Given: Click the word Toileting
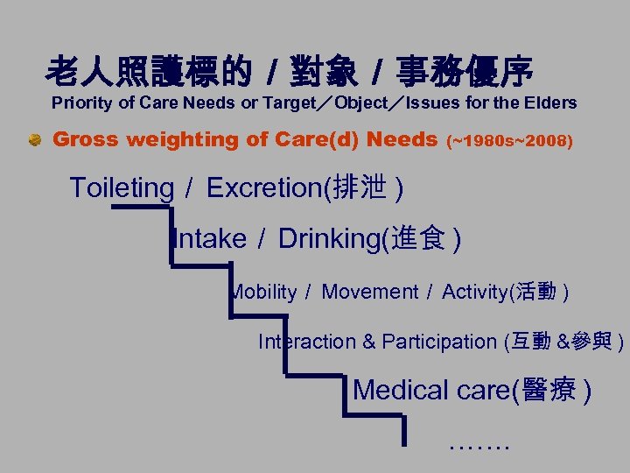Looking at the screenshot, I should (122, 187).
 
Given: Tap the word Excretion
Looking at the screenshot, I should (264, 187).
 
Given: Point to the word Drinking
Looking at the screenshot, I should (329, 238).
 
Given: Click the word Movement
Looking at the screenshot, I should (370, 292).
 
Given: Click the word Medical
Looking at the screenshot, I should (402, 389).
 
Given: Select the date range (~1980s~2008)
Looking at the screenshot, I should (510, 141).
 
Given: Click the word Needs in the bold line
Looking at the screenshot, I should (402, 139).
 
